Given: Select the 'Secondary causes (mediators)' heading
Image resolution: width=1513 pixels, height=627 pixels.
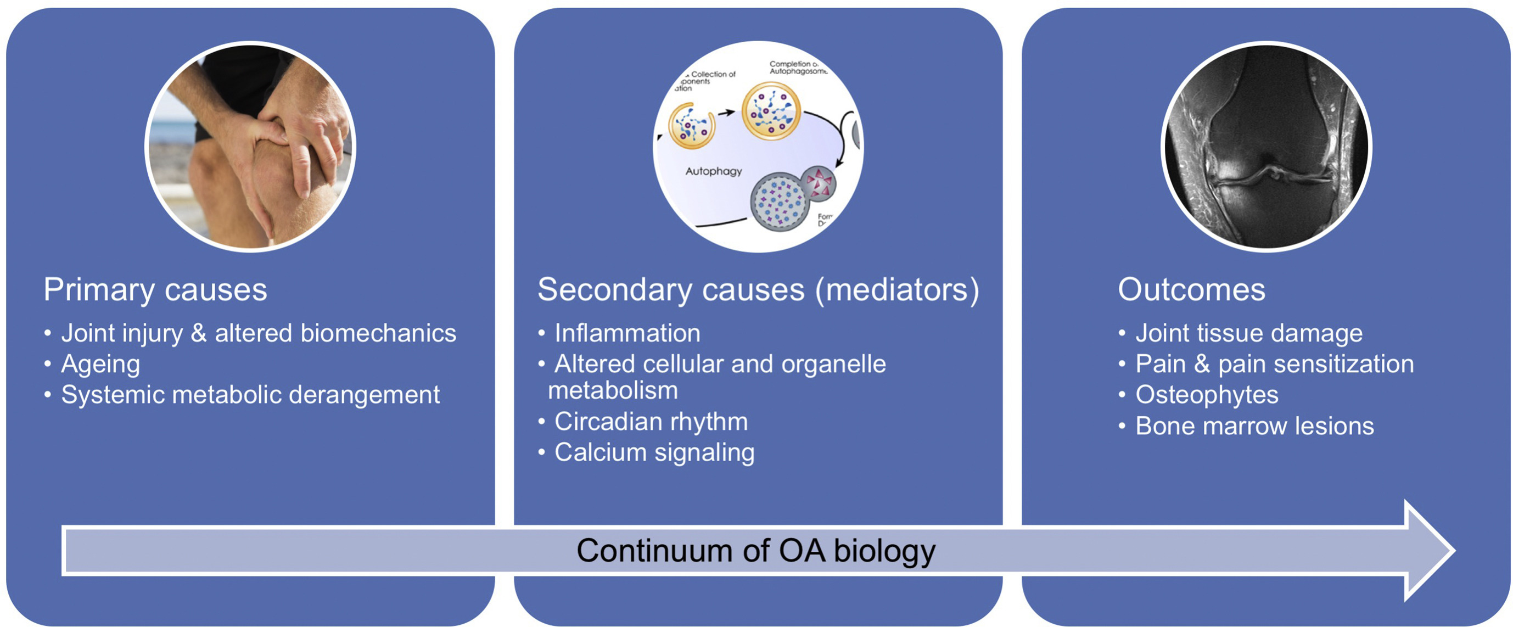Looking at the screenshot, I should [758, 290].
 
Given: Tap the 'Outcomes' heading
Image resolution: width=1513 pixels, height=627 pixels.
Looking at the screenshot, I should [1191, 290].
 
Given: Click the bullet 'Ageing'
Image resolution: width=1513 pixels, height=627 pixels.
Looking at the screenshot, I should [100, 365].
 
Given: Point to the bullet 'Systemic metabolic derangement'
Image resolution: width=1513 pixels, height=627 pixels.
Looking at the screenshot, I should [250, 395].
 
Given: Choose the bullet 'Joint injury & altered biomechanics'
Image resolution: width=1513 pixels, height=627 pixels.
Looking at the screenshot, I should [259, 333].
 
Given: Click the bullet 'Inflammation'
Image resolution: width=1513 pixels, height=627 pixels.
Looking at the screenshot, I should [627, 333].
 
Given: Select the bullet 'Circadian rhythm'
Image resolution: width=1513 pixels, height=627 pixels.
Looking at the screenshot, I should [651, 421].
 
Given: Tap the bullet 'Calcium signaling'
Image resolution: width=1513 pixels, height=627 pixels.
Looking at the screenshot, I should [654, 452].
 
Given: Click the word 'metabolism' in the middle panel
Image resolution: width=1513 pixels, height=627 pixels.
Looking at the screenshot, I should [613, 391].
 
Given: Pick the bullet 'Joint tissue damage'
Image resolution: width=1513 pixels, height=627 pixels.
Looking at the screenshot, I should [1249, 333].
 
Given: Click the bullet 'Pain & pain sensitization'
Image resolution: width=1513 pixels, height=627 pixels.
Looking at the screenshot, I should [1275, 365].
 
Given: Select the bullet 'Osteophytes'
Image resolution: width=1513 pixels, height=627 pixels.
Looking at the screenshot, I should [1207, 395].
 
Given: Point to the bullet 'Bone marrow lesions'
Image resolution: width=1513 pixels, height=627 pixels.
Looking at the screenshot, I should [1254, 426].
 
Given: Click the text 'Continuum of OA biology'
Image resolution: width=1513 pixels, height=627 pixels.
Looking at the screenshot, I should [756, 551].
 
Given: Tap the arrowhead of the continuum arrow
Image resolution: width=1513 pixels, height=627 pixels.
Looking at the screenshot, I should [1427, 551].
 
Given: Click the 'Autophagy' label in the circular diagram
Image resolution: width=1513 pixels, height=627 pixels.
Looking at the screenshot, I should [714, 171].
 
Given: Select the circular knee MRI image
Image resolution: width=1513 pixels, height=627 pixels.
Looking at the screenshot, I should [1267, 147].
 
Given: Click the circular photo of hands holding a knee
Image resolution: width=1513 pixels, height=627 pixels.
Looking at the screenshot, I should [250, 147].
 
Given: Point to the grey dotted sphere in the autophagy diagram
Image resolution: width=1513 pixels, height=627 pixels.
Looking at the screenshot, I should [779, 202].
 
